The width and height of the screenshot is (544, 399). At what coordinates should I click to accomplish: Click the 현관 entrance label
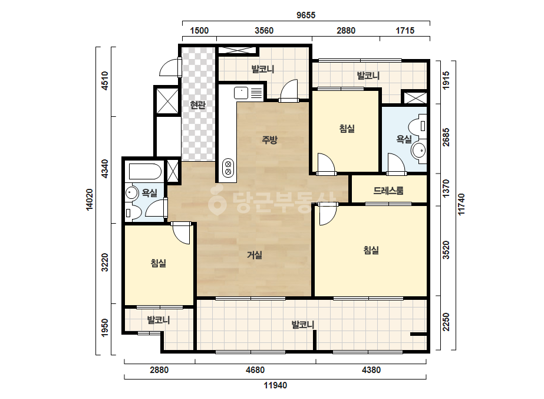pyautogui.click(x=198, y=104)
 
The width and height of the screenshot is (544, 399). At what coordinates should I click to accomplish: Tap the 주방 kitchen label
pyautogui.click(x=269, y=140)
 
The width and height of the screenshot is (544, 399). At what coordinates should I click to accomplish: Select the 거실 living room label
pyautogui.click(x=254, y=255)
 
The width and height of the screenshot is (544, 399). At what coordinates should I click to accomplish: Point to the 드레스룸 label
pyautogui.click(x=388, y=191)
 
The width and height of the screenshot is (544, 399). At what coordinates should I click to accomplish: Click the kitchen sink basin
pyautogui.click(x=241, y=93)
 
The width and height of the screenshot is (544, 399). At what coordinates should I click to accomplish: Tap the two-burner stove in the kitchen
pyautogui.click(x=228, y=168)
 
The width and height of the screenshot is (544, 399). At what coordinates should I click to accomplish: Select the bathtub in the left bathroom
pyautogui.click(x=145, y=171)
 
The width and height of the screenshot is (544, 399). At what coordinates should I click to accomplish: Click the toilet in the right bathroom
pyautogui.click(x=417, y=126)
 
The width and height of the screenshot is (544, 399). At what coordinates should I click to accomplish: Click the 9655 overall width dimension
pyautogui.click(x=306, y=15)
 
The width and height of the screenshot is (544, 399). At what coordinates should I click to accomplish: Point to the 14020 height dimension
pyautogui.click(x=90, y=199)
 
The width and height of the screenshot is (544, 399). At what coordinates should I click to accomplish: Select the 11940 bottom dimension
pyautogui.click(x=275, y=385)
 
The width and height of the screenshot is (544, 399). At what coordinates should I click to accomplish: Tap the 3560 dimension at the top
pyautogui.click(x=264, y=31)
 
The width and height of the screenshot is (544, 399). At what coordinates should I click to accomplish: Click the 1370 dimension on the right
pyautogui.click(x=446, y=188)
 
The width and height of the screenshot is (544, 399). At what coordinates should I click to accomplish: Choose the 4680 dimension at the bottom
pyautogui.click(x=255, y=370)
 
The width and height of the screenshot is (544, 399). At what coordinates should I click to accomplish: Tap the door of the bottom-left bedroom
pyautogui.click(x=181, y=233)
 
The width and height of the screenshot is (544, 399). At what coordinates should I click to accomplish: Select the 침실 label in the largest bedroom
pyautogui.click(x=371, y=250)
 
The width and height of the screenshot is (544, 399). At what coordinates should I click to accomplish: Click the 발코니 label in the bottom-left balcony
pyautogui.click(x=158, y=320)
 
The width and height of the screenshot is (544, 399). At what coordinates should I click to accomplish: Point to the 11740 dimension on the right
pyautogui.click(x=461, y=204)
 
